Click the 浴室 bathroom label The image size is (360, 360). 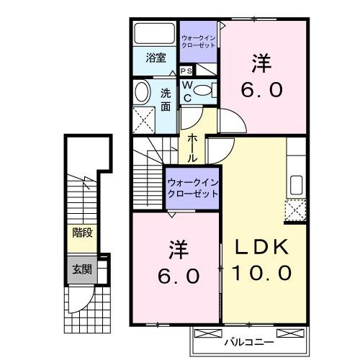156,58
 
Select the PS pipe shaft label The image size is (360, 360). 186,71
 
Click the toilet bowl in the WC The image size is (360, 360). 204,90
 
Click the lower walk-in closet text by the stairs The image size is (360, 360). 192,189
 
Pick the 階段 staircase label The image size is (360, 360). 82,232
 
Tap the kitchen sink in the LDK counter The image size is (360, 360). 295,184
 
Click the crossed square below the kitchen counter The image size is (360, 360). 295,210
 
